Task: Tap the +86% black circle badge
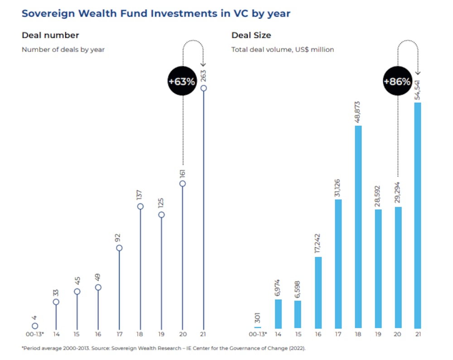point(397,82)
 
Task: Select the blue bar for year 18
point(358,226)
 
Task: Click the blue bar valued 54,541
point(418,215)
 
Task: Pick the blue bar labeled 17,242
point(318,292)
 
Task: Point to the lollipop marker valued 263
point(204,88)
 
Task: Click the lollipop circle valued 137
point(140,206)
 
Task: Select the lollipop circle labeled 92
point(119,248)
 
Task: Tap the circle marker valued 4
point(35,326)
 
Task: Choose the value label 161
point(183,173)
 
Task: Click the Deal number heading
point(50,35)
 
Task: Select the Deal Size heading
point(251,35)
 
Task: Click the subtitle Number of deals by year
point(63,49)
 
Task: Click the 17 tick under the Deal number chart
point(119,334)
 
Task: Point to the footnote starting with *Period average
point(164,348)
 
